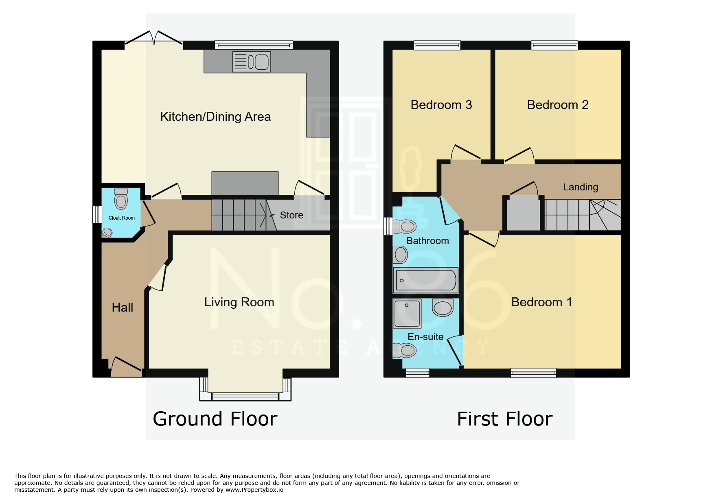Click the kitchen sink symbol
coord(252,62)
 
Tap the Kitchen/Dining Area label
coord(215,117)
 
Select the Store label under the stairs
coord(291,215)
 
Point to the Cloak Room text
coord(121,218)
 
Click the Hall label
coord(122,308)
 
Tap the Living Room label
coord(239,302)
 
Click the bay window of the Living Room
coord(245,396)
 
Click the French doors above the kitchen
coord(154,38)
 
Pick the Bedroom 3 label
coord(441,105)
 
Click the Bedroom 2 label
coord(558,105)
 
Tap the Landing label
coord(581,187)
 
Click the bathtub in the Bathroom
coord(426,280)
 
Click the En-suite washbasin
coord(443,308)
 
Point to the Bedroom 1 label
coord(541,302)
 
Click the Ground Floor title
coord(215,419)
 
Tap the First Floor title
coord(505,419)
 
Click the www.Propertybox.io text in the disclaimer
coord(254,490)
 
